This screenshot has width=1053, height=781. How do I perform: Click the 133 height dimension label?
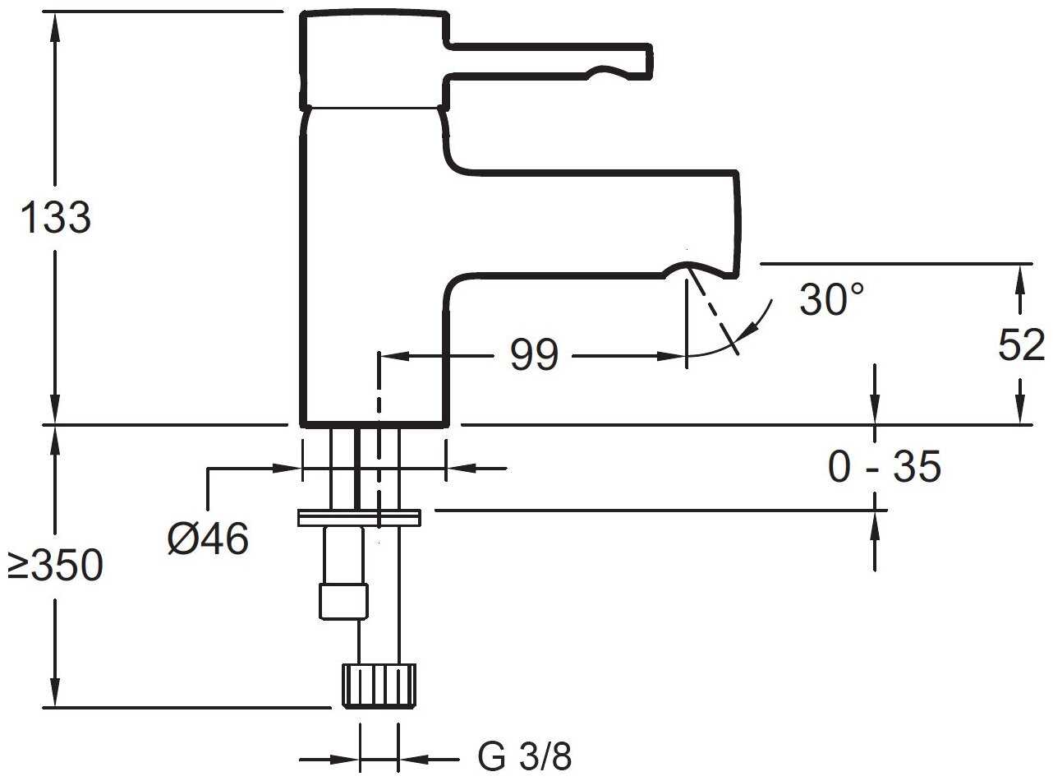(x=55, y=219)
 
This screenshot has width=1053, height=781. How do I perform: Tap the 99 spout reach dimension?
(x=534, y=356)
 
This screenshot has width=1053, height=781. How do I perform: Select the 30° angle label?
(x=832, y=300)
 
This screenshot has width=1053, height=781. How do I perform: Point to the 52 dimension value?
(x=1021, y=346)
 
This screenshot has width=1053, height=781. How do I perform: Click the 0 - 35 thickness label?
(x=884, y=469)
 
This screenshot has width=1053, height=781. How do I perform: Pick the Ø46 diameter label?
(x=208, y=540)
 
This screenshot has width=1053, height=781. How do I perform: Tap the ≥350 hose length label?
(x=55, y=566)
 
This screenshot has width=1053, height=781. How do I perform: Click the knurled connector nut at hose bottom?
(x=379, y=685)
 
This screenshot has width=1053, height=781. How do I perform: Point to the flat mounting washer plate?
(x=359, y=517)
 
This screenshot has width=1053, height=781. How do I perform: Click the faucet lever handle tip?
(x=644, y=62)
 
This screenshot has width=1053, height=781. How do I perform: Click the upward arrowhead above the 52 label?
(x=1021, y=276)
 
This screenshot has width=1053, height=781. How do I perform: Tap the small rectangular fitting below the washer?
(x=344, y=600)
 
